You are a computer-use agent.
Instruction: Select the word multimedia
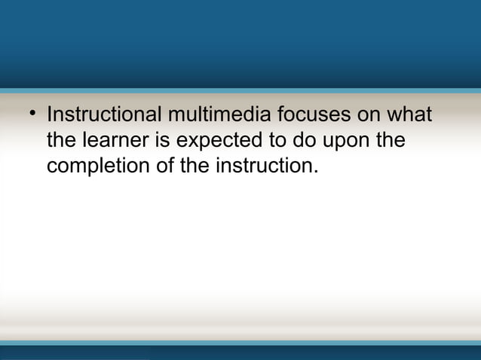(x=218, y=117)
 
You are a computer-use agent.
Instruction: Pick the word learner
(x=109, y=141)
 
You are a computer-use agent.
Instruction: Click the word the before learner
(x=61, y=141)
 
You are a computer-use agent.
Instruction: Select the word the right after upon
(x=389, y=141)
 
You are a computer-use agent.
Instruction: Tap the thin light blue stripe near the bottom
(x=240, y=343)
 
